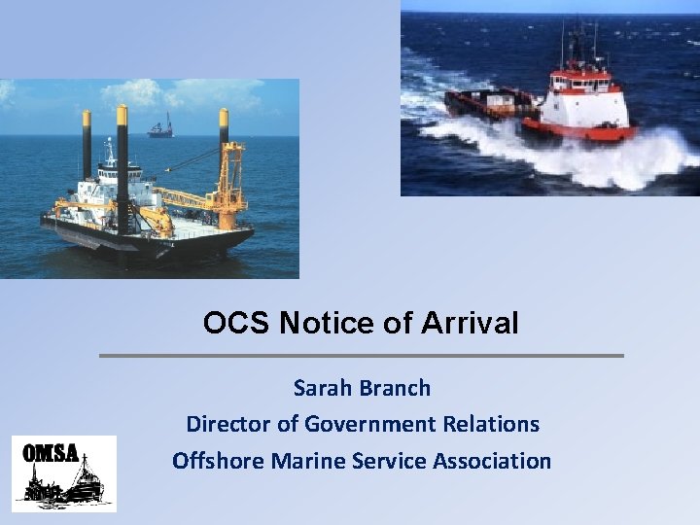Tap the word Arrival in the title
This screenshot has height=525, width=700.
click(470, 323)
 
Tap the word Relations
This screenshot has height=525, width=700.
click(493, 424)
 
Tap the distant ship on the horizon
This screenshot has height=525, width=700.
click(159, 127)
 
